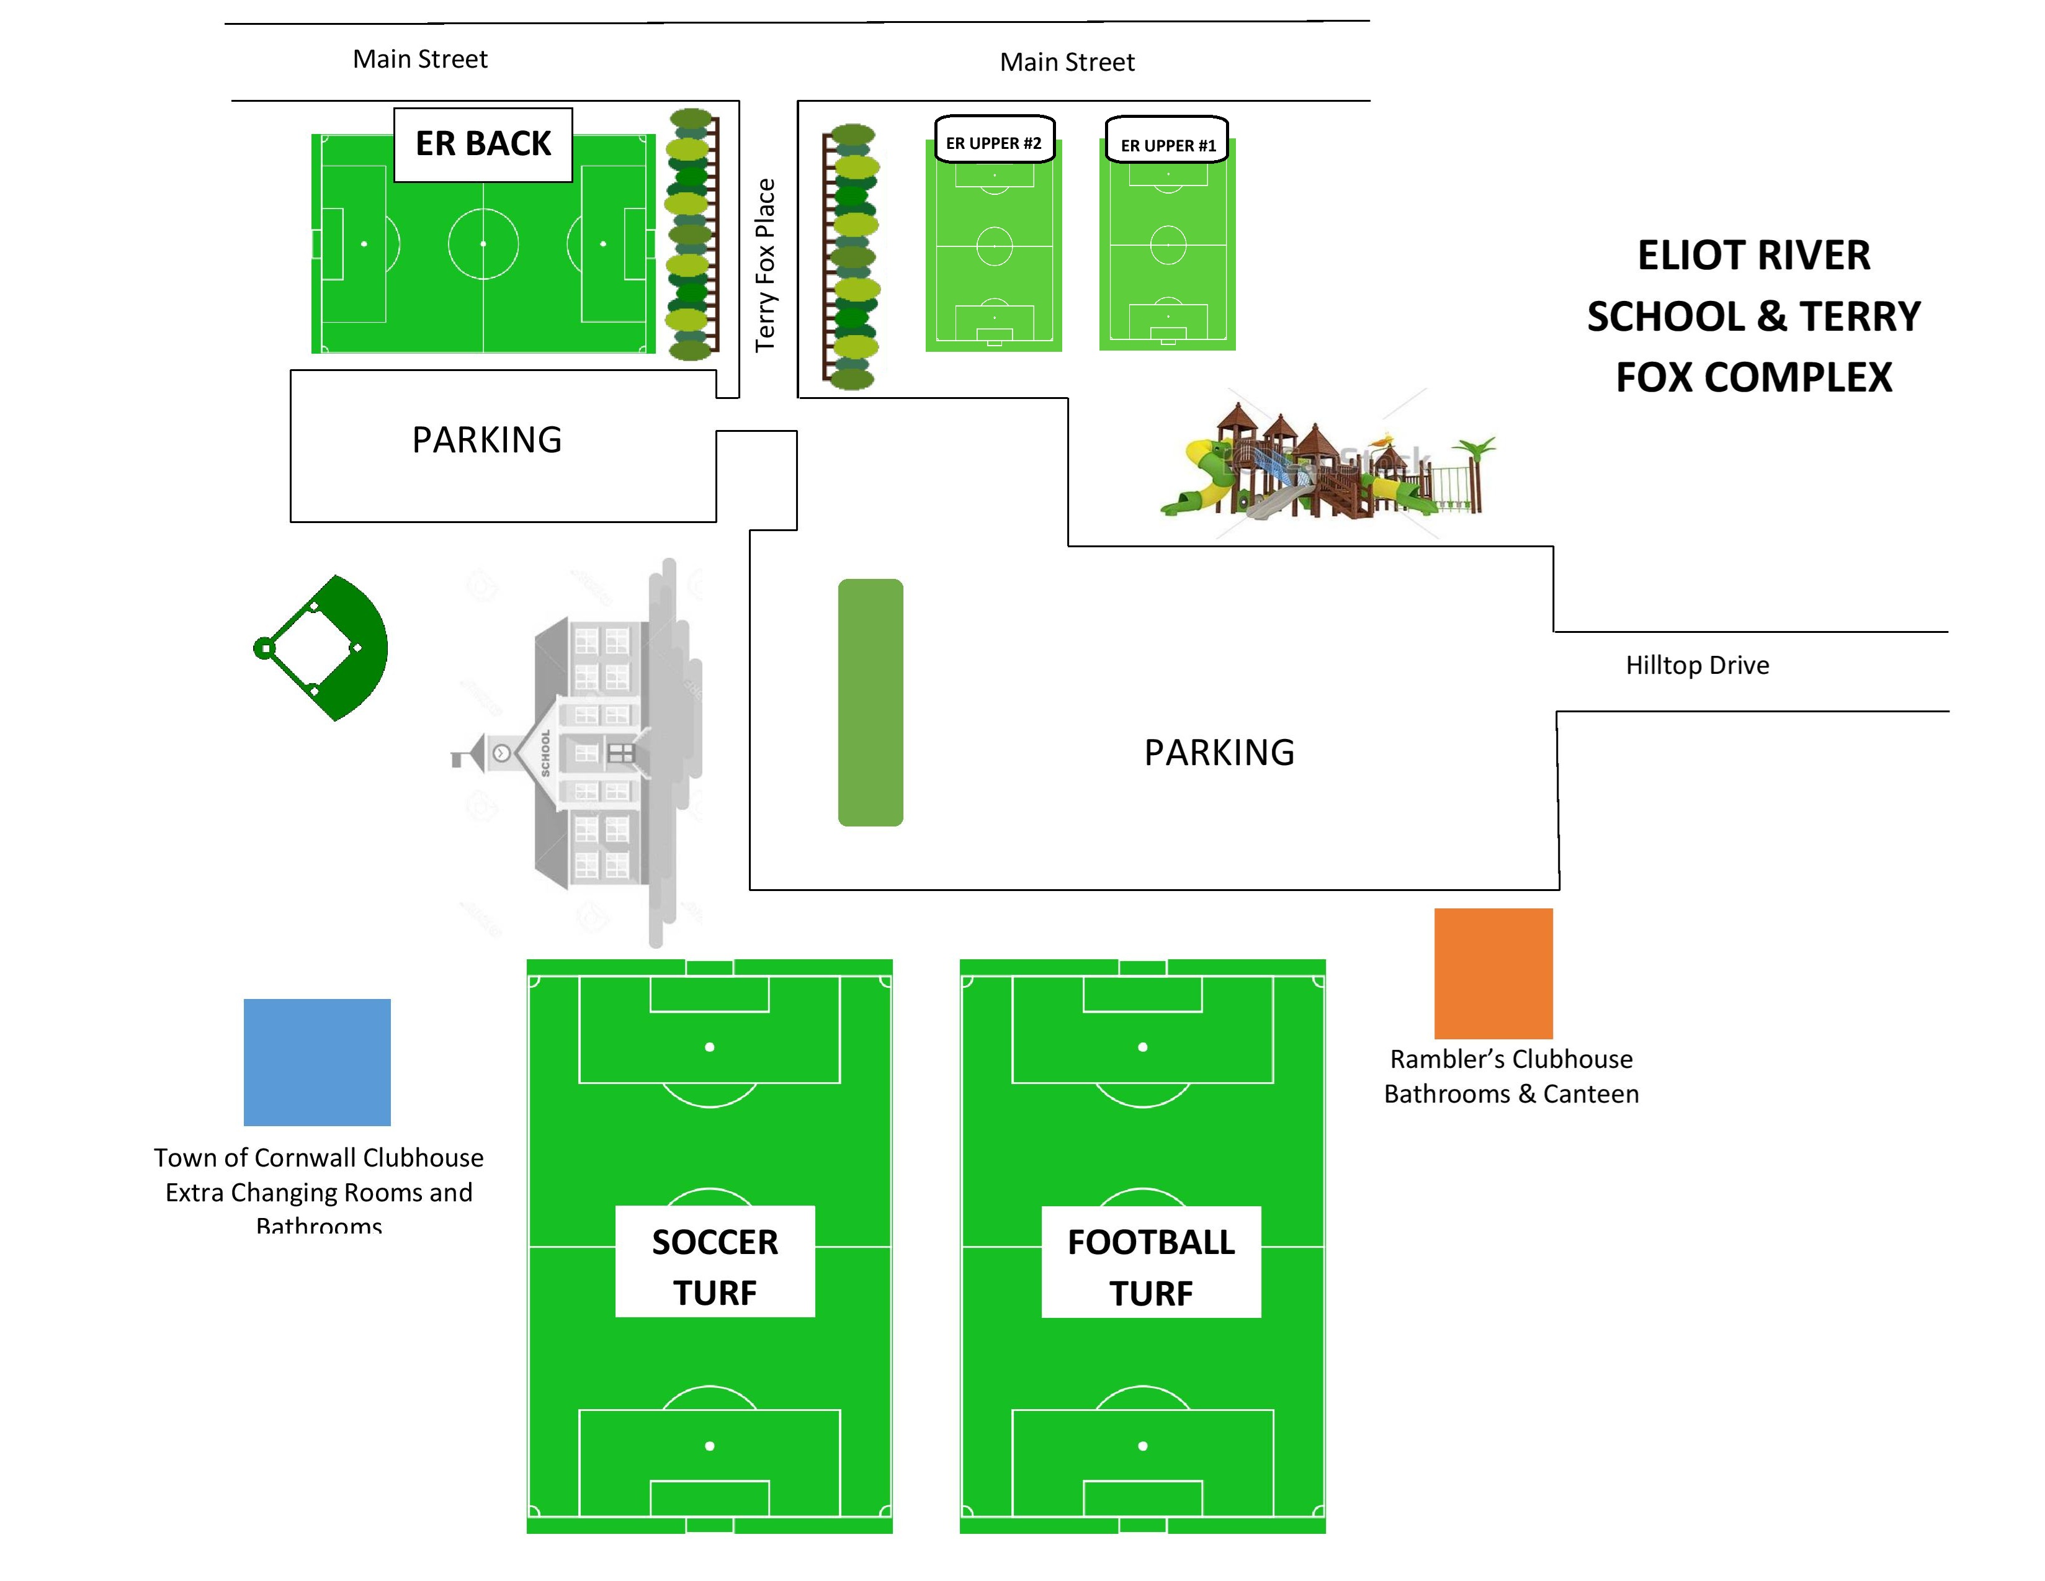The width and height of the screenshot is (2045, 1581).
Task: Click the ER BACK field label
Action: [x=483, y=144]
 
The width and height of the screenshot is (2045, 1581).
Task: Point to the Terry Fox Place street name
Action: [x=766, y=265]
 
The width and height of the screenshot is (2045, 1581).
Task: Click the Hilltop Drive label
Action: [x=1697, y=665]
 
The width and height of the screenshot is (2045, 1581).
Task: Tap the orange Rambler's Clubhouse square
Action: [x=1493, y=972]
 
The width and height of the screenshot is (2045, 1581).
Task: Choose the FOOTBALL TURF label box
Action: [x=1151, y=1266]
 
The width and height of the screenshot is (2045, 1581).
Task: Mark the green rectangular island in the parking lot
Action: [x=870, y=702]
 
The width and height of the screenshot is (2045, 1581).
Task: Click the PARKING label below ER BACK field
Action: [x=487, y=440]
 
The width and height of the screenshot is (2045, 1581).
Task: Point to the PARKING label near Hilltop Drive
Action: [x=1219, y=752]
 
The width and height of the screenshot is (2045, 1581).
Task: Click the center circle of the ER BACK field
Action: [x=483, y=243]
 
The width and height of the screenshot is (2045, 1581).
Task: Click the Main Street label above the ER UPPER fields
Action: [x=1067, y=62]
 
